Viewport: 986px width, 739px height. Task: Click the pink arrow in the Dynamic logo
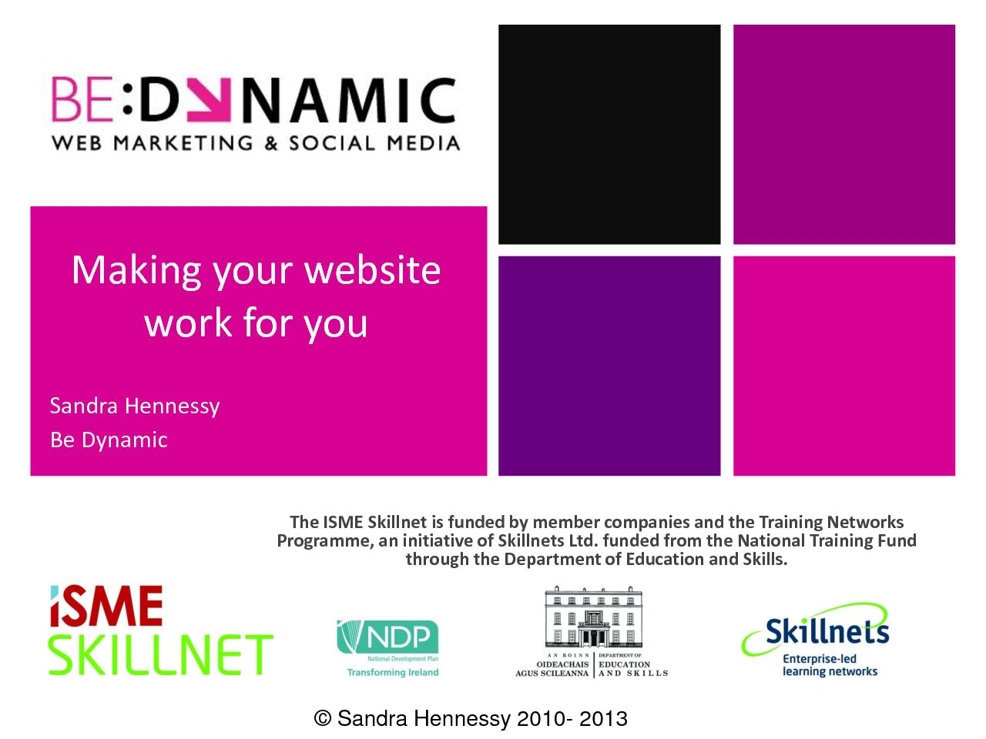[209, 99]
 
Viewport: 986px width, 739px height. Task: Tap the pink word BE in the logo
[82, 99]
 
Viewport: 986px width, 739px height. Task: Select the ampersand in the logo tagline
[271, 143]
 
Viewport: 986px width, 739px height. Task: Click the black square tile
[609, 134]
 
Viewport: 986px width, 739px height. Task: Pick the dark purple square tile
[609, 366]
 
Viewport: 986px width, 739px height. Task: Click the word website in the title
[372, 270]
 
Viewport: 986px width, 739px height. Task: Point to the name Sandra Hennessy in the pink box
[135, 406]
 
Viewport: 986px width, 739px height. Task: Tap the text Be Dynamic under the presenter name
[109, 440]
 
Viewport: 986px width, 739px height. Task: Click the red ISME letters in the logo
[106, 606]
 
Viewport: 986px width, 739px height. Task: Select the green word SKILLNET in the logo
[161, 654]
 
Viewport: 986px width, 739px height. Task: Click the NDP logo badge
[387, 637]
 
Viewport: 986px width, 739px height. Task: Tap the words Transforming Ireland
[393, 672]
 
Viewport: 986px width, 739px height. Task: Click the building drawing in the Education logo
[593, 617]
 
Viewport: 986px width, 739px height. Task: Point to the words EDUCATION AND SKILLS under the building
[633, 668]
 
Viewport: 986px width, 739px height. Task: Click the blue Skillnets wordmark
[827, 631]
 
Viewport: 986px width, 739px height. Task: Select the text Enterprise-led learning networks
[830, 665]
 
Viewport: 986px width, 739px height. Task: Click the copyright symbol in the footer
[323, 718]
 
